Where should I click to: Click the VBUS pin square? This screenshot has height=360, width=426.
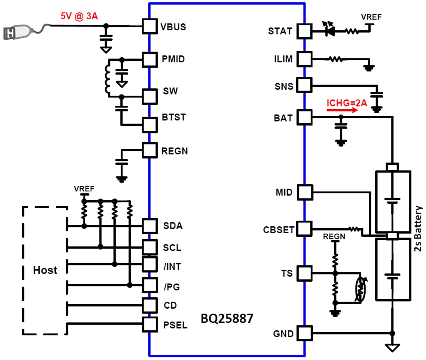149,27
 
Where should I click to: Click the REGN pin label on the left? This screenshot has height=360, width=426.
174,151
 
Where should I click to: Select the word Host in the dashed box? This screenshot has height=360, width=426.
45,270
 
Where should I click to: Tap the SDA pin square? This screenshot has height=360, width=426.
149,226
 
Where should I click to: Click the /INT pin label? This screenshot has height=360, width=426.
172,267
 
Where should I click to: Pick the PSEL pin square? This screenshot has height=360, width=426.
149,324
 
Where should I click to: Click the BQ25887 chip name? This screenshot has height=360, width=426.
227,319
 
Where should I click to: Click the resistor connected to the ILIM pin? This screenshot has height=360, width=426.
335,60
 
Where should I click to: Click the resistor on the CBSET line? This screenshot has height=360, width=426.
354,229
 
